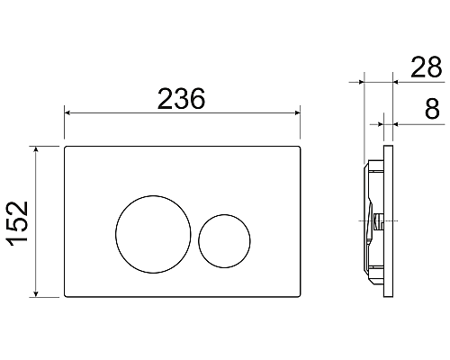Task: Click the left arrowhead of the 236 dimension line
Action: (x=68, y=113)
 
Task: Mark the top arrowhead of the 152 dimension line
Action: (x=37, y=148)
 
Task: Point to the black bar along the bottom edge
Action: (x=225, y=337)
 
